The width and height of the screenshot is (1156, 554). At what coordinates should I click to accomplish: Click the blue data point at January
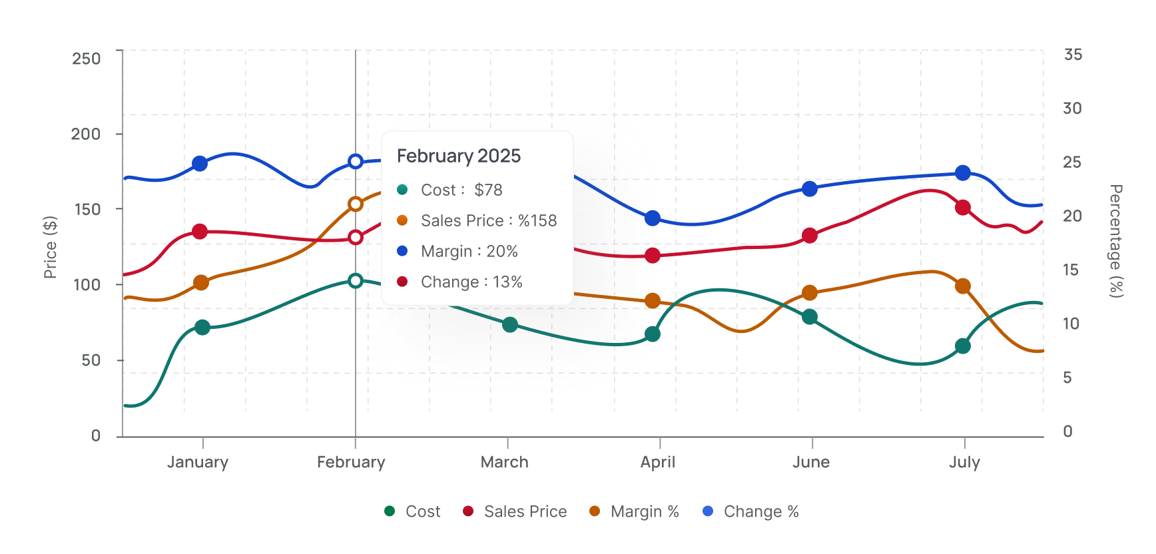200,163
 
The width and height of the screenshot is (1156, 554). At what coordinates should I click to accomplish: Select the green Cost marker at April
653,334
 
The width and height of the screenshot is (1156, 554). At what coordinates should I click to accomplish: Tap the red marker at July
962,207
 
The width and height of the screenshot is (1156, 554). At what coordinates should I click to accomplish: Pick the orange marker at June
810,293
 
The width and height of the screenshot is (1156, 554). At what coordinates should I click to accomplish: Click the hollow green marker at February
356,280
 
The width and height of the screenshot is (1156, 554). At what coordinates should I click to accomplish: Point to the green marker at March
510,324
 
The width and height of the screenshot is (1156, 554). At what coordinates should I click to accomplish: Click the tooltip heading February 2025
459,156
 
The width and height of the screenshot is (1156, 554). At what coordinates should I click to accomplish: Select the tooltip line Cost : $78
461,190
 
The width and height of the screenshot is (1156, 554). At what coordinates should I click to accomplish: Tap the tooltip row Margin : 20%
469,251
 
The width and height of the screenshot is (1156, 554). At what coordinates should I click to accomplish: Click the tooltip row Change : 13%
471,282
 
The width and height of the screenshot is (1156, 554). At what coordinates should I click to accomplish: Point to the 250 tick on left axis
87,59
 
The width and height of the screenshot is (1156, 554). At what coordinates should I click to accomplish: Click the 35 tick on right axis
1073,55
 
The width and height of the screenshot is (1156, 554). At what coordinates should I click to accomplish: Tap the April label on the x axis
658,462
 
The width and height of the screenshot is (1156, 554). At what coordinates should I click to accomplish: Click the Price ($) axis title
50,247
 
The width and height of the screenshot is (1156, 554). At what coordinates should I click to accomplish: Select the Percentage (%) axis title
1116,241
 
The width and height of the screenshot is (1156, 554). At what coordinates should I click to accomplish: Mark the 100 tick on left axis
87,285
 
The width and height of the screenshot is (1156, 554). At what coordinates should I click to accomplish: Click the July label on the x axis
964,462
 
